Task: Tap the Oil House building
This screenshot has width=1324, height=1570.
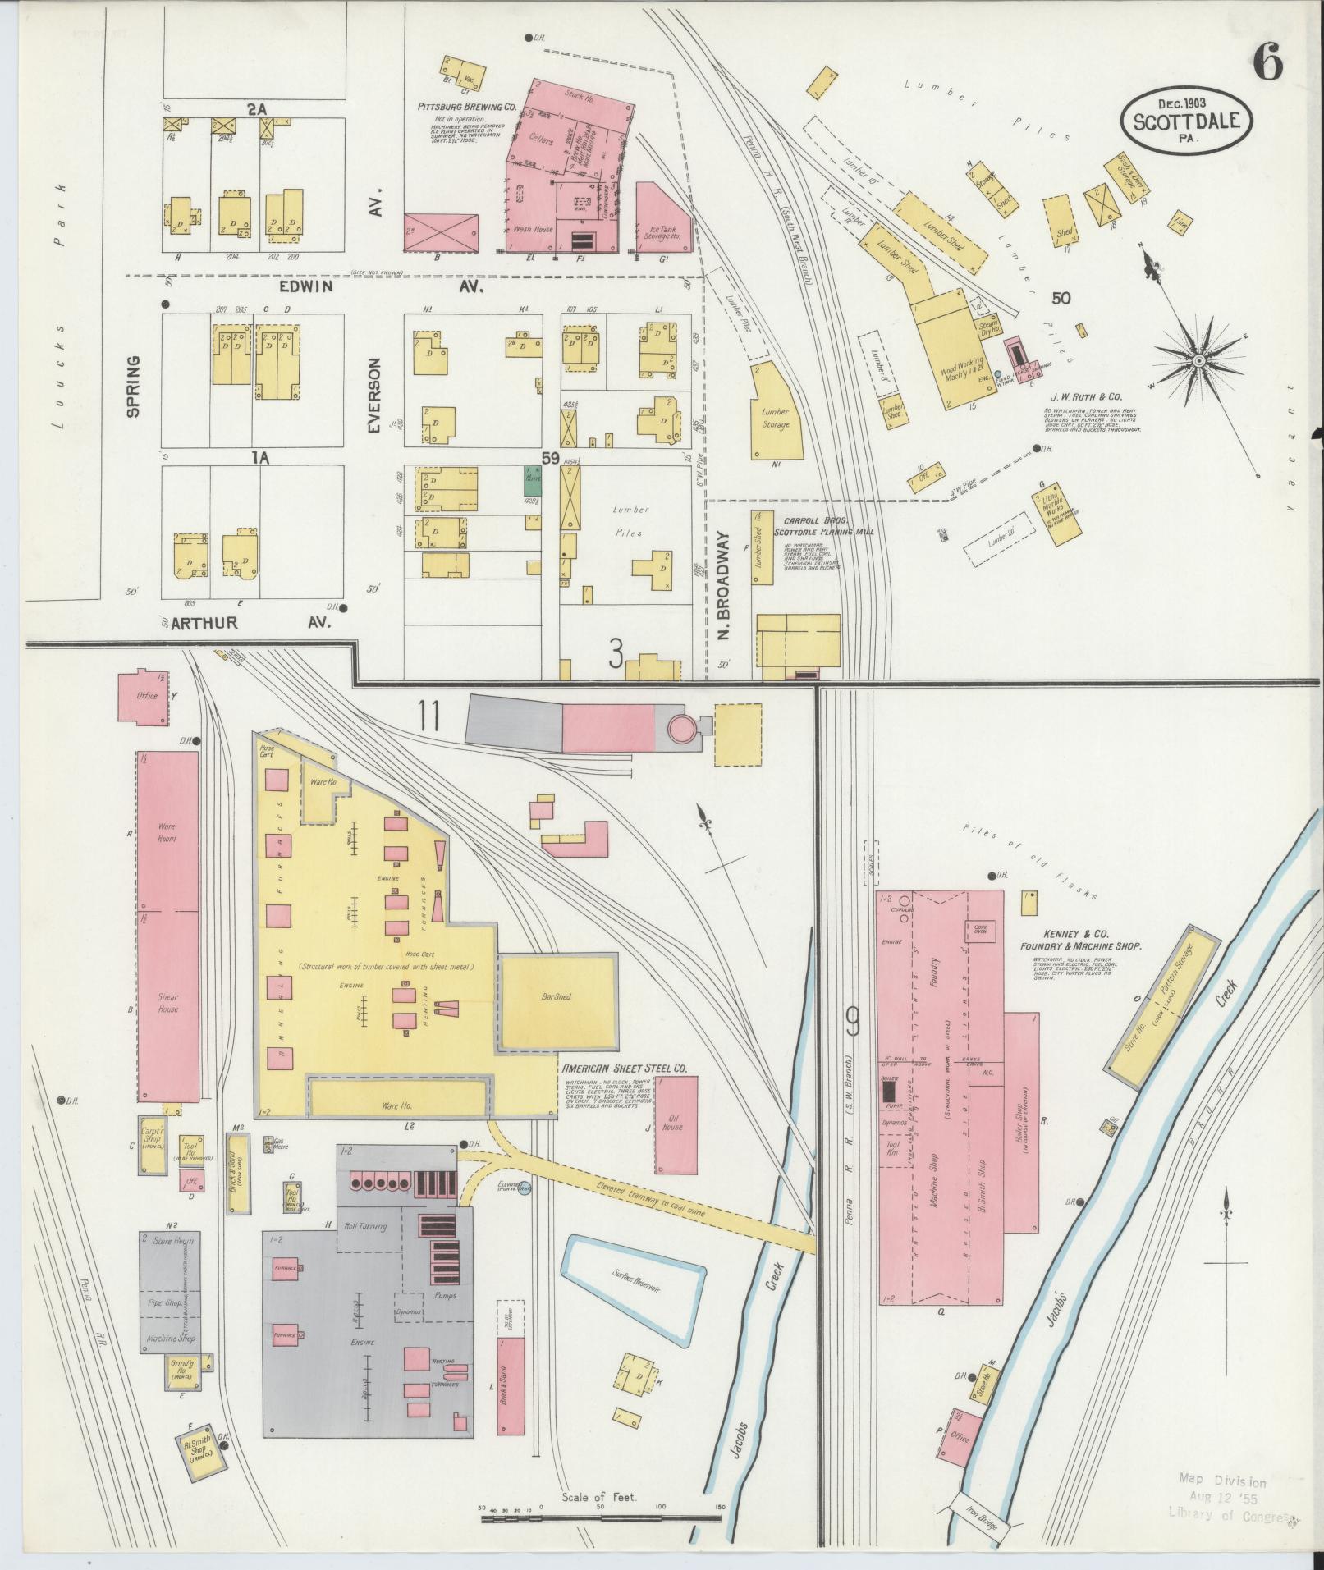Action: [677, 1124]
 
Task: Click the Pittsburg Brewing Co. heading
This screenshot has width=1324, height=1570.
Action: [466, 107]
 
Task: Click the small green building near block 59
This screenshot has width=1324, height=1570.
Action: [532, 479]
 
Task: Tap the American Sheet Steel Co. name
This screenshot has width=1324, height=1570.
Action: [624, 1069]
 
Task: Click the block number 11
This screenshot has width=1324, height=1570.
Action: [428, 716]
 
